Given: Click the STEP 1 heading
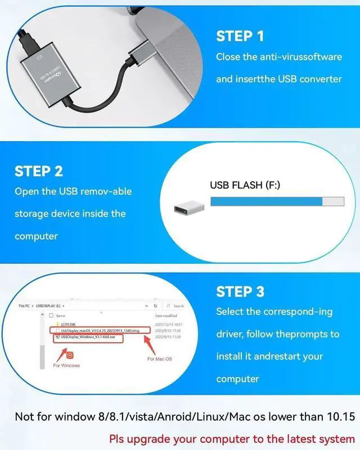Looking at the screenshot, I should (240, 36).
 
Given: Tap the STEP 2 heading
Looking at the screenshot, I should (39, 171).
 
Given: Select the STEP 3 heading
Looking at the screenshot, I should (240, 291).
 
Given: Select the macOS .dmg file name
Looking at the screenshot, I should (102, 330).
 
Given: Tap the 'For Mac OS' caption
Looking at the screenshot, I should (160, 359).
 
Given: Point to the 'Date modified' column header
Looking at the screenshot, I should (165, 316).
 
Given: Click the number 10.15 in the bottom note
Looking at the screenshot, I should (342, 417).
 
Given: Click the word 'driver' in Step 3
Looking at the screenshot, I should (230, 334).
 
